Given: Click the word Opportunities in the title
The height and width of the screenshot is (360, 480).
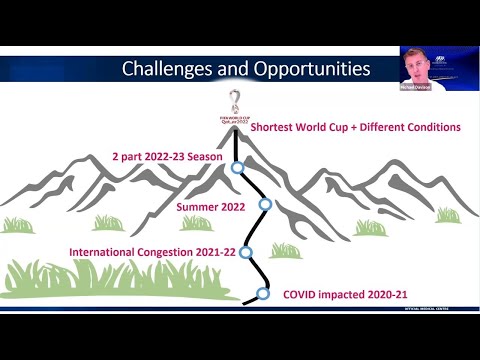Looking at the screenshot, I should pyautogui.click(x=308, y=69).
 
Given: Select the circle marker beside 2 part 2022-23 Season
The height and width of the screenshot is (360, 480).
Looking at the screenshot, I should pyautogui.click(x=237, y=168).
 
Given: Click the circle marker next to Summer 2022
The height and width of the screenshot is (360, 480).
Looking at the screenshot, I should pyautogui.click(x=265, y=204).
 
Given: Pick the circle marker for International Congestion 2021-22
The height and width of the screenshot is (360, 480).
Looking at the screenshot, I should pyautogui.click(x=246, y=252).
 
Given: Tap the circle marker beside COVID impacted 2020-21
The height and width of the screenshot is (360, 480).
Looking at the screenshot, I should pyautogui.click(x=263, y=294).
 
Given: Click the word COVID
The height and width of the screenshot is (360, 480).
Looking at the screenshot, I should pyautogui.click(x=301, y=294).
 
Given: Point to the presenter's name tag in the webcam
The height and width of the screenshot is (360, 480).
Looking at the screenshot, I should pyautogui.click(x=416, y=87).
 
